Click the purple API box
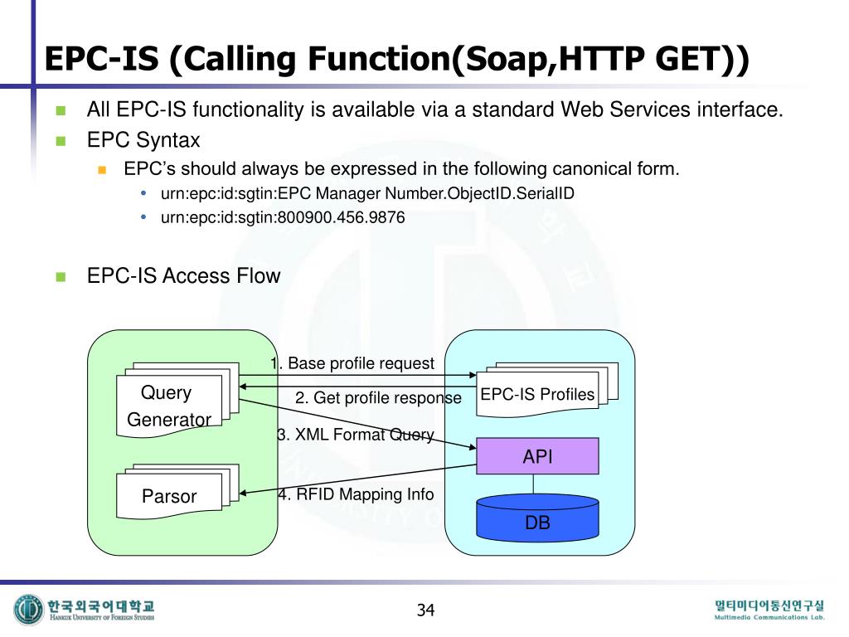(x=537, y=456)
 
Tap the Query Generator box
(x=169, y=406)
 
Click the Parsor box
(x=169, y=496)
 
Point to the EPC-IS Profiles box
(x=538, y=394)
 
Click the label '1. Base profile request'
(x=352, y=363)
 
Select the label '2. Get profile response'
(x=378, y=398)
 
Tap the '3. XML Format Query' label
(x=355, y=435)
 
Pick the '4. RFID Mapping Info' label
(x=355, y=494)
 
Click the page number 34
(x=425, y=610)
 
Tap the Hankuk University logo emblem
(x=28, y=610)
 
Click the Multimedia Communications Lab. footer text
(x=770, y=617)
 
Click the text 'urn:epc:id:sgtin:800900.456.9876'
(x=283, y=219)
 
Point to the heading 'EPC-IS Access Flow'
(x=184, y=276)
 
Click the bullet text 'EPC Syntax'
(x=143, y=139)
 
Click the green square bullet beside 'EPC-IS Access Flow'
(x=61, y=277)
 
